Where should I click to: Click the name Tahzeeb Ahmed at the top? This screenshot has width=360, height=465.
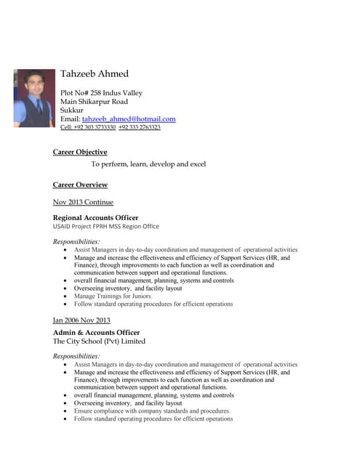click(95, 73)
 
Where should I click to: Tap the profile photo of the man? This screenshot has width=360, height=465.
click(34, 97)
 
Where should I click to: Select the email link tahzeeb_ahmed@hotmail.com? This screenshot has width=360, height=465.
click(129, 118)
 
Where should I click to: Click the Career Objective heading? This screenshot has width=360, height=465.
click(80, 152)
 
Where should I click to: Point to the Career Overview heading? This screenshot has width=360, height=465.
click(80, 185)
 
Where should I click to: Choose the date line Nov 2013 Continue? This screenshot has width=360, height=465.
click(83, 201)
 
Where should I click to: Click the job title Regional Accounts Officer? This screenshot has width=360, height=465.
click(95, 217)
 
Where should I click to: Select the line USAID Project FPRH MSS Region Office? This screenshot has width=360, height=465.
click(106, 226)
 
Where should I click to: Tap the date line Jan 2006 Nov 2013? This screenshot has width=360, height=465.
click(81, 320)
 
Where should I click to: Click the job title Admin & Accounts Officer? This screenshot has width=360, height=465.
click(96, 332)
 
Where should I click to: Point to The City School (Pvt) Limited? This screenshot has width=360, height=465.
click(99, 341)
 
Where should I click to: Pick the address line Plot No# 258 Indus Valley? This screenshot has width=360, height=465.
click(101, 93)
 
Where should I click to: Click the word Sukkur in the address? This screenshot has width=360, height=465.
click(72, 110)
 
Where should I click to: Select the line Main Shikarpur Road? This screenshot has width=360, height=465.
click(94, 102)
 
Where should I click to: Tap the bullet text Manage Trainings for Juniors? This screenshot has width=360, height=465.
click(113, 296)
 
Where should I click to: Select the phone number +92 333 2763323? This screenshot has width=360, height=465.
click(140, 127)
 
